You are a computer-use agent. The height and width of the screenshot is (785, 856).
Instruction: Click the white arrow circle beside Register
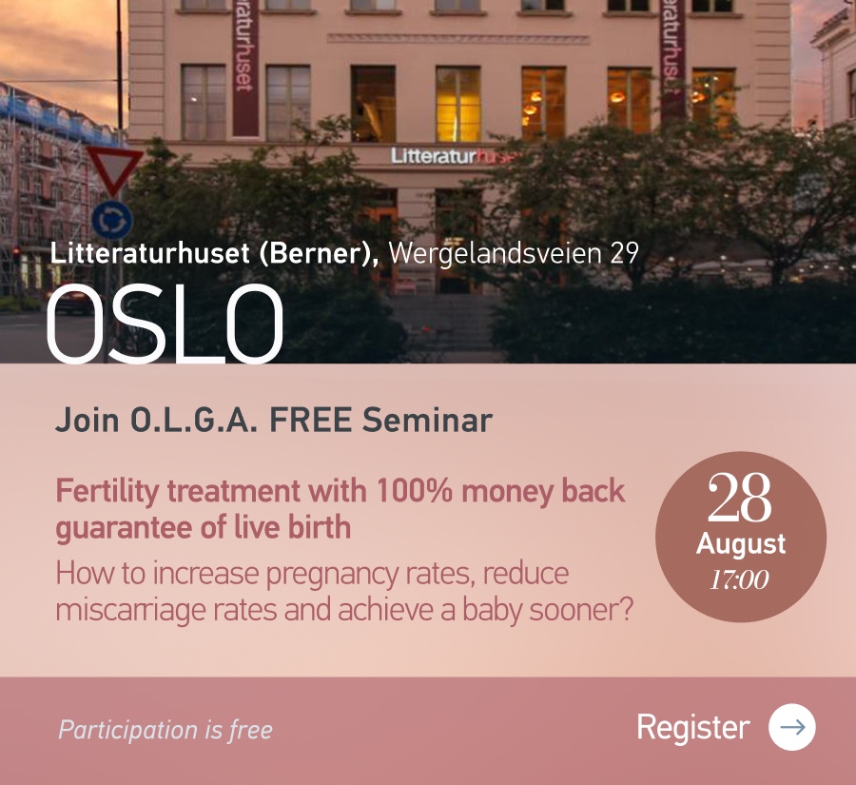[x=792, y=727]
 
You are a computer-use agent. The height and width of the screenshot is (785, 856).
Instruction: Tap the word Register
[x=693, y=728]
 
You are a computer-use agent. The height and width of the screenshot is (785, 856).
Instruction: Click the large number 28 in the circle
[x=740, y=497]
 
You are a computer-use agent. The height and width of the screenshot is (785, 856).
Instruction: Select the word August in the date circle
[x=741, y=545]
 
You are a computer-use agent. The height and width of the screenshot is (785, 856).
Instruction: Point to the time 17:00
[x=740, y=579]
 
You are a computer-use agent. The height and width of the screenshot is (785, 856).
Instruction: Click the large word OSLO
[x=165, y=324]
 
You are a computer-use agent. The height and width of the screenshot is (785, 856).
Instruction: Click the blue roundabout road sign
[x=112, y=220]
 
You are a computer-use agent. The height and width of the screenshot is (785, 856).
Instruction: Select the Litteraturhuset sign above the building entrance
[x=454, y=156]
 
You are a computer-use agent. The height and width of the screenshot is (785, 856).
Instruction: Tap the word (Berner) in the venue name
[x=319, y=253]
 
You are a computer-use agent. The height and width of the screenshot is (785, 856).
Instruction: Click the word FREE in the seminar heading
[x=310, y=420]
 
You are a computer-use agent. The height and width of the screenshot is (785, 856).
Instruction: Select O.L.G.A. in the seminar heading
[x=194, y=421]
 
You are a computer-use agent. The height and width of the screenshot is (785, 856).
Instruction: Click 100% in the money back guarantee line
[x=414, y=491]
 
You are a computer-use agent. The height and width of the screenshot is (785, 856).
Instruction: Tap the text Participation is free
[x=165, y=730]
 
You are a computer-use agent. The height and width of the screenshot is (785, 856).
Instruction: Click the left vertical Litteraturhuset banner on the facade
[x=245, y=68]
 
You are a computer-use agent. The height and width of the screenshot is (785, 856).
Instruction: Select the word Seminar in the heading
[x=427, y=420]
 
